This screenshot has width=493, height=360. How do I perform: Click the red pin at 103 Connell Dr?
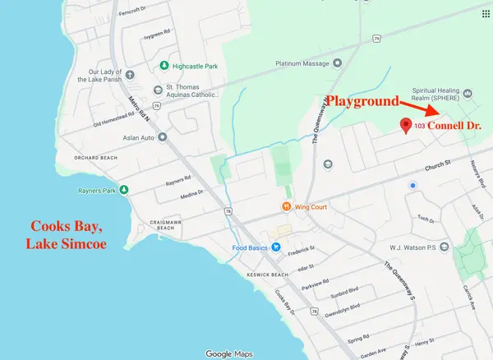(x=405, y=125)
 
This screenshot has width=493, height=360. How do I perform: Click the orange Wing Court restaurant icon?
(x=286, y=206)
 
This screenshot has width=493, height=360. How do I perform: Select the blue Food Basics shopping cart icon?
(x=277, y=246)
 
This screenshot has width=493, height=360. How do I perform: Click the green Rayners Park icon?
(x=124, y=190)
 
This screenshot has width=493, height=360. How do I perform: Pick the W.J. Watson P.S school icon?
(x=444, y=246)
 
